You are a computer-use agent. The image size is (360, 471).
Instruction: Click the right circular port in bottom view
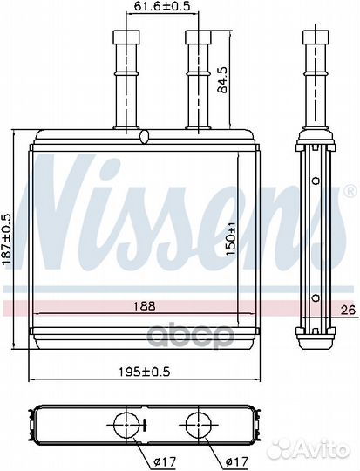click(195, 427)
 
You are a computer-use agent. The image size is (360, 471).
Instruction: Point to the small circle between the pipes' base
click(145, 137)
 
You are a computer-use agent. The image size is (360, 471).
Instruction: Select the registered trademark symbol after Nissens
click(350, 190)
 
